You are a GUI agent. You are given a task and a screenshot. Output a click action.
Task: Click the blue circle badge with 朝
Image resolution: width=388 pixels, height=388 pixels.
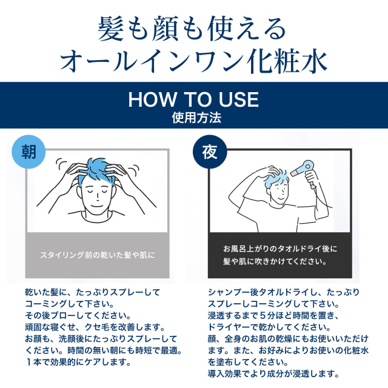coord(28,152)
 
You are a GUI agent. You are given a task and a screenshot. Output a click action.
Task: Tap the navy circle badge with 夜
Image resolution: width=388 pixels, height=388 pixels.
coord(210,152)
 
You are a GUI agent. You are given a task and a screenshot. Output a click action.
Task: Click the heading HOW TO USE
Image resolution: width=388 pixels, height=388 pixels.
coord(193,99)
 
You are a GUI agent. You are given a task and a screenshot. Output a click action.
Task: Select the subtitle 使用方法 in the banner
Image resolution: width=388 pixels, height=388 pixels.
coord(196,118)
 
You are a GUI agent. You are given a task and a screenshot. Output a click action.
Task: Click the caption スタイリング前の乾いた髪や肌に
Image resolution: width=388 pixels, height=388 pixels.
coord(98,255)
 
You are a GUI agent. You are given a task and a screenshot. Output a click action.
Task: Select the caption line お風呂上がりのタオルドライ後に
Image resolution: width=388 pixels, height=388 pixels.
coord(280,249)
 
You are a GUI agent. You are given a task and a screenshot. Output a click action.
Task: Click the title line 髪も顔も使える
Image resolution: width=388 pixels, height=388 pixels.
coord(192,28)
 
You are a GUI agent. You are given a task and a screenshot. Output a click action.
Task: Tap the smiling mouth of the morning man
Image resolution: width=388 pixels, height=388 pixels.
coord(96,206)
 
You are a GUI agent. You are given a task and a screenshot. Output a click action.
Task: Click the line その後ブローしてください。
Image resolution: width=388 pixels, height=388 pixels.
coord(78,315)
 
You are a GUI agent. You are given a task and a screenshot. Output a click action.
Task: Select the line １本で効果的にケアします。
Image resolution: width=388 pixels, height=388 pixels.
coord(78,363)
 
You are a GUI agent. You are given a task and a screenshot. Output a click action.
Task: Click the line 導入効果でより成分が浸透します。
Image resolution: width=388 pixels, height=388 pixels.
coord(273,374)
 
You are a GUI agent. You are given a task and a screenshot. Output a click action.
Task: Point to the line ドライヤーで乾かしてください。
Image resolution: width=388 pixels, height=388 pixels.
coord(269,327)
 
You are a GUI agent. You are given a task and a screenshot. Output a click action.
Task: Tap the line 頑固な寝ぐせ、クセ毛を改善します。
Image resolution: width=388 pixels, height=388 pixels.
coord(95,327)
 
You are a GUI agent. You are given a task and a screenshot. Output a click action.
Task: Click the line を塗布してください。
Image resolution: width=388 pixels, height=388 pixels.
coord(248,363)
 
